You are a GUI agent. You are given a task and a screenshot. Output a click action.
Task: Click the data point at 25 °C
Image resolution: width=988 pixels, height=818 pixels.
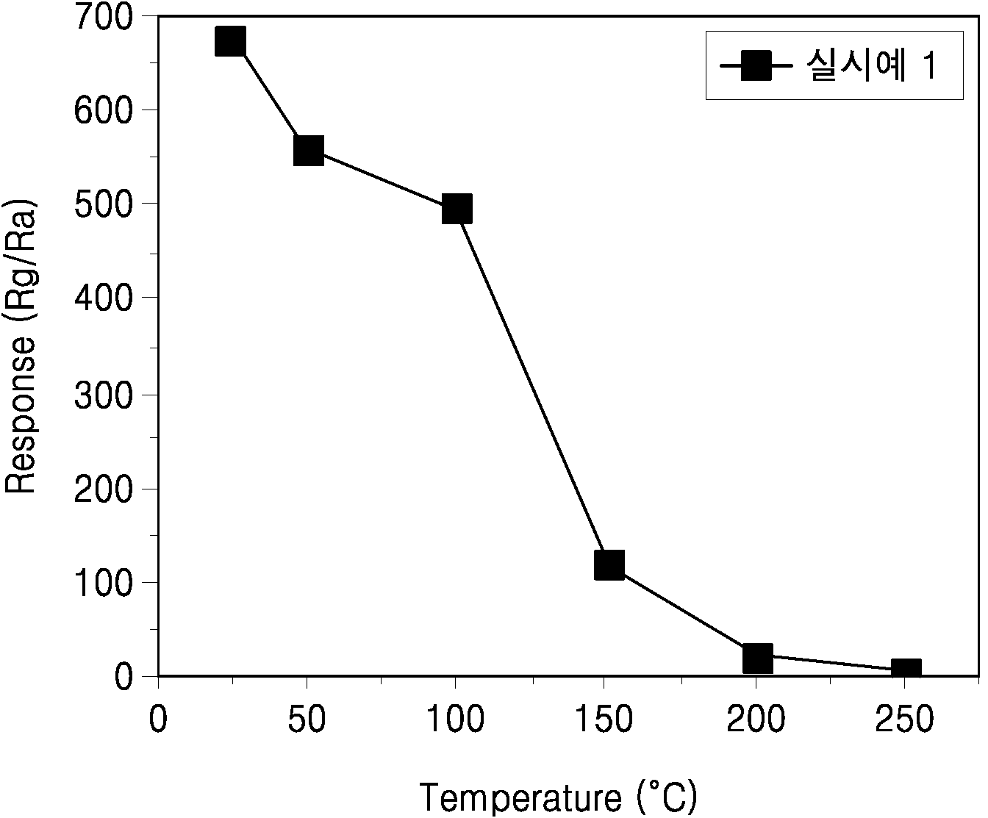230,41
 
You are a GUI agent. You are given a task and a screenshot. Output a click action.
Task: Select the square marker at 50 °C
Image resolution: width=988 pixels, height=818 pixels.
309,151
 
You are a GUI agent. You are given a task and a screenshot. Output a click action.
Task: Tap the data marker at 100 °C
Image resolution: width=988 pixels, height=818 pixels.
457,209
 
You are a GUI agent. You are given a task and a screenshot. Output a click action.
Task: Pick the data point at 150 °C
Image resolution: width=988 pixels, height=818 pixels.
609,565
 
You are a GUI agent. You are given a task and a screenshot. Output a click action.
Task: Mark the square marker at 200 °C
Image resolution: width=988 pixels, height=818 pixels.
758,658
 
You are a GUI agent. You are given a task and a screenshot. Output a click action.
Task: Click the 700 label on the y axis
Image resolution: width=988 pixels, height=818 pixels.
103,19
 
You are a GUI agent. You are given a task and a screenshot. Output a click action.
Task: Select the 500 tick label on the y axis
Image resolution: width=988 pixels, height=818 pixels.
103,207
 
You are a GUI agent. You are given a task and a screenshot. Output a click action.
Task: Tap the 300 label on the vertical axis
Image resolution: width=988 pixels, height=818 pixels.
103,395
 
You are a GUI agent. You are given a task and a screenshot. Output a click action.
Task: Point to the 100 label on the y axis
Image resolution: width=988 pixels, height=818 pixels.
104,584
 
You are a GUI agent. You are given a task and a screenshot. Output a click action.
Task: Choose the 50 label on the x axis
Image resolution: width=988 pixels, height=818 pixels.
307,719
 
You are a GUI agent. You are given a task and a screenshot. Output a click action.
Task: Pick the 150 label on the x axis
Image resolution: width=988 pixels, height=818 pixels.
604,719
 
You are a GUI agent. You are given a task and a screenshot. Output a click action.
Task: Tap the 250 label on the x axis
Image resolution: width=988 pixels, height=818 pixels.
903,719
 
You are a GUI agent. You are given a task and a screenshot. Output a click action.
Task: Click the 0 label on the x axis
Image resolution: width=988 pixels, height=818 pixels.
158,719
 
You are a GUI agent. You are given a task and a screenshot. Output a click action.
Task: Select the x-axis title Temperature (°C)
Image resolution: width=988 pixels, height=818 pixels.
559,797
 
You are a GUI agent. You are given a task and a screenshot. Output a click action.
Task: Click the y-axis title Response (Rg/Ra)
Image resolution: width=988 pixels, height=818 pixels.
20,346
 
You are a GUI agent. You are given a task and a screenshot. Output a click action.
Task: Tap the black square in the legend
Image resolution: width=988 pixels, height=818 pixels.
756,65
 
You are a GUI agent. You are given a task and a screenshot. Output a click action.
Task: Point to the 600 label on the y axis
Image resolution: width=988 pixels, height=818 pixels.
103,112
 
